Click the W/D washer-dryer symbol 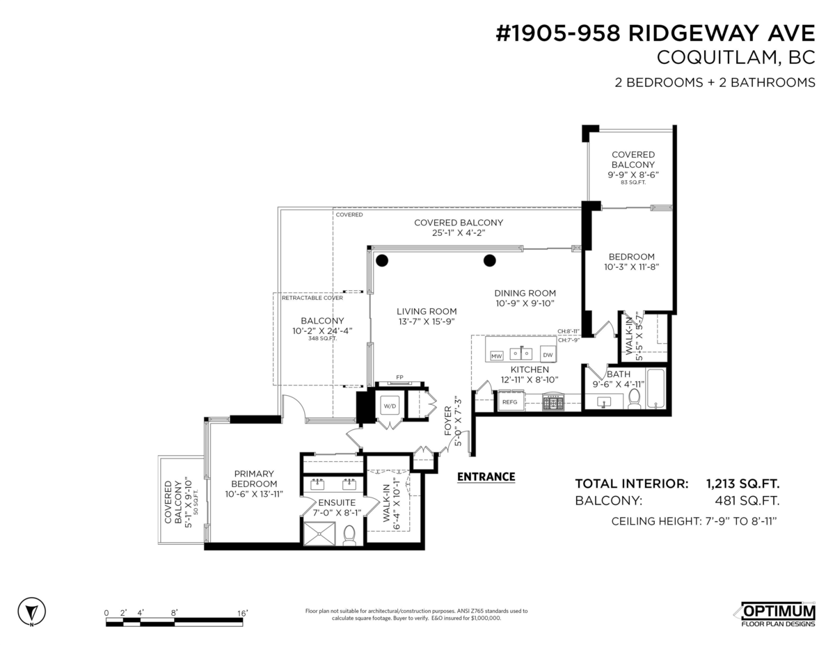(x=390, y=406)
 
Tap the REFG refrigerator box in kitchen (x=510, y=402)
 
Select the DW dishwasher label (x=548, y=355)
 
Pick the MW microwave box (x=496, y=356)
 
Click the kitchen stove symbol (x=553, y=402)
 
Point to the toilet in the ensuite (x=349, y=535)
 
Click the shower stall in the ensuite (x=319, y=534)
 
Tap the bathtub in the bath (x=655, y=388)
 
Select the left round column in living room (x=381, y=260)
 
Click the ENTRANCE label (x=486, y=477)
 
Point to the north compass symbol (x=31, y=612)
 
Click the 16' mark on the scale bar (x=242, y=613)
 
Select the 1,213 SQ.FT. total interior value (x=742, y=484)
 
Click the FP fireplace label (x=399, y=377)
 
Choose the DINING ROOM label (x=525, y=293)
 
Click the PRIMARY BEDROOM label (x=254, y=479)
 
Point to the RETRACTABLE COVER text (x=312, y=298)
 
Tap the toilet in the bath (x=634, y=399)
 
